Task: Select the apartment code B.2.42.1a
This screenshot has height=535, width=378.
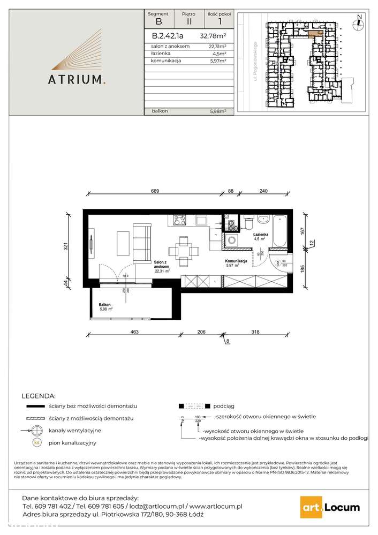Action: [168, 37]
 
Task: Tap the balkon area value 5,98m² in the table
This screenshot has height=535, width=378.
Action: [217, 111]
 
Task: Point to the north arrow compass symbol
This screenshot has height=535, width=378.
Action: [359, 22]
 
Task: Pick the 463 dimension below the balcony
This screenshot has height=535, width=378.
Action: [135, 332]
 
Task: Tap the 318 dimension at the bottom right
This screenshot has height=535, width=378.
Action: [256, 332]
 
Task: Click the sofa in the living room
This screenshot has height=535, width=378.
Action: [141, 244]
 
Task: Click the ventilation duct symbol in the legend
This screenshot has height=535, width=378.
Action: [36, 431]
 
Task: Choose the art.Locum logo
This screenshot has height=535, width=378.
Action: [330, 507]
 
